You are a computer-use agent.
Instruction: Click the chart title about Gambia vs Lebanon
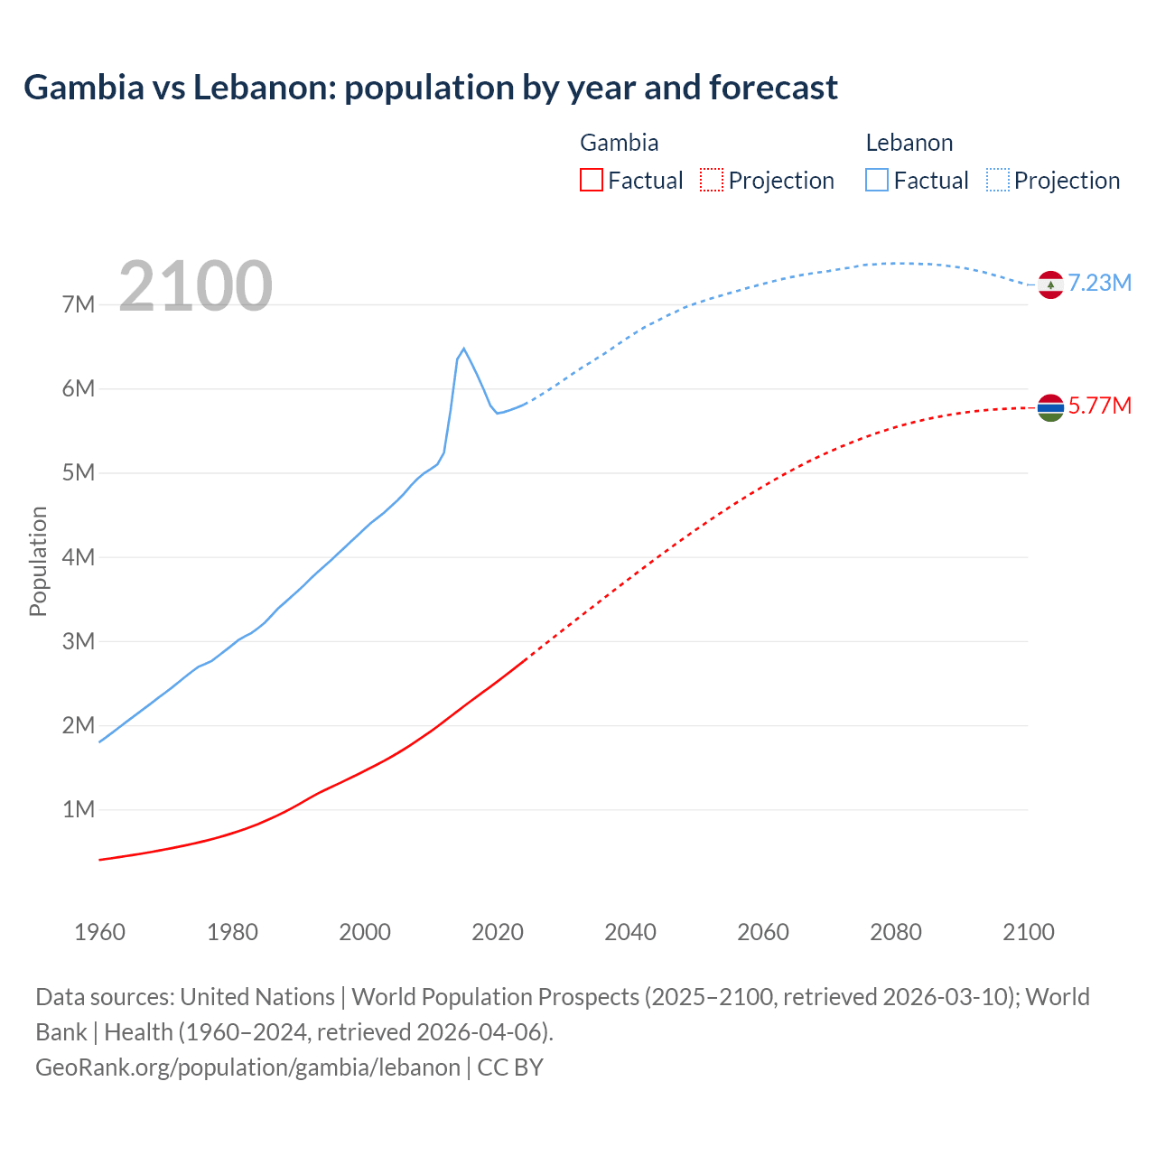(431, 88)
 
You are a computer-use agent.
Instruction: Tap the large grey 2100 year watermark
(195, 286)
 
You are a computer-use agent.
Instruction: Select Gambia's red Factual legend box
(591, 180)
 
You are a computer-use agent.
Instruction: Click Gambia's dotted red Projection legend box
(712, 180)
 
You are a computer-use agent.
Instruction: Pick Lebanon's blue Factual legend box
(876, 180)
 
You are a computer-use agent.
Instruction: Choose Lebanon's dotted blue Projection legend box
(997, 180)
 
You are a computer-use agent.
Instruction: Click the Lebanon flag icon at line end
(1050, 284)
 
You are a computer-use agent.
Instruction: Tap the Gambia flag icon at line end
(1050, 408)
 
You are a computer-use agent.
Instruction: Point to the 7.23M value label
(1100, 284)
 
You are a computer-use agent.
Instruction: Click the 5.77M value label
(1100, 406)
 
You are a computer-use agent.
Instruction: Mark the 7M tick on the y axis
(79, 305)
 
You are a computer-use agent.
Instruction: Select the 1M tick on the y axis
(79, 810)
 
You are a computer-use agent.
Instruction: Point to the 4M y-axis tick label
(79, 557)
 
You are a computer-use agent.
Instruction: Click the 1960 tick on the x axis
(99, 932)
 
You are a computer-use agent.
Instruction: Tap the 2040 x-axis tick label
(630, 932)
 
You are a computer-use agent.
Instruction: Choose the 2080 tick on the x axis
(896, 932)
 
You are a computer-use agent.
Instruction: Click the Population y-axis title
(38, 561)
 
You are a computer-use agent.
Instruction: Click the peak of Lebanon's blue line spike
(463, 349)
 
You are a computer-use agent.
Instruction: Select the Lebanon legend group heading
(909, 143)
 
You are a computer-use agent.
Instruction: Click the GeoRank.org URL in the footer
(247, 1067)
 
